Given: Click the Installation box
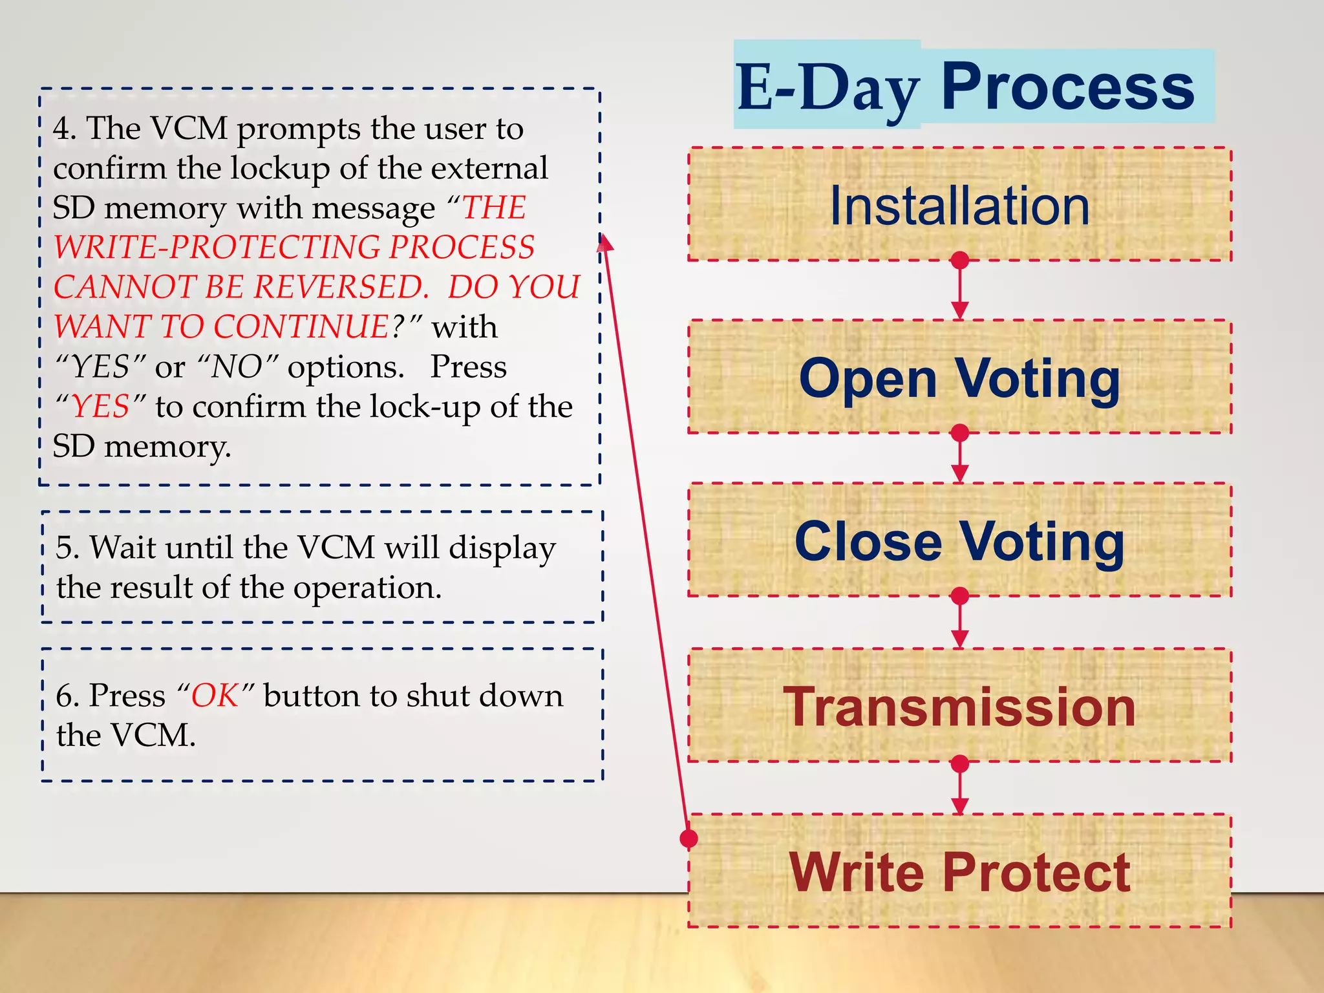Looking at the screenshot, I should (x=959, y=205).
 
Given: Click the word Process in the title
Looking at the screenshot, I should (x=1067, y=87).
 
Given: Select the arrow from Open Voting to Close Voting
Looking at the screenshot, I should (x=960, y=458).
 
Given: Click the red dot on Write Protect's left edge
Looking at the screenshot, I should (x=689, y=838).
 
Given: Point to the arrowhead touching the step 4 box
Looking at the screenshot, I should (x=604, y=243).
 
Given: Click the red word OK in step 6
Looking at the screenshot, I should (x=215, y=696).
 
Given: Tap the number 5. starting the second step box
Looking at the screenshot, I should (x=67, y=548).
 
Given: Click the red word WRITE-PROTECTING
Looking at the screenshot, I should (x=217, y=247).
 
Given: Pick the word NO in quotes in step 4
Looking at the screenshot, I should (x=237, y=367).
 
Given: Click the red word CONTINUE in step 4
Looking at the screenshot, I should (x=301, y=326).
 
